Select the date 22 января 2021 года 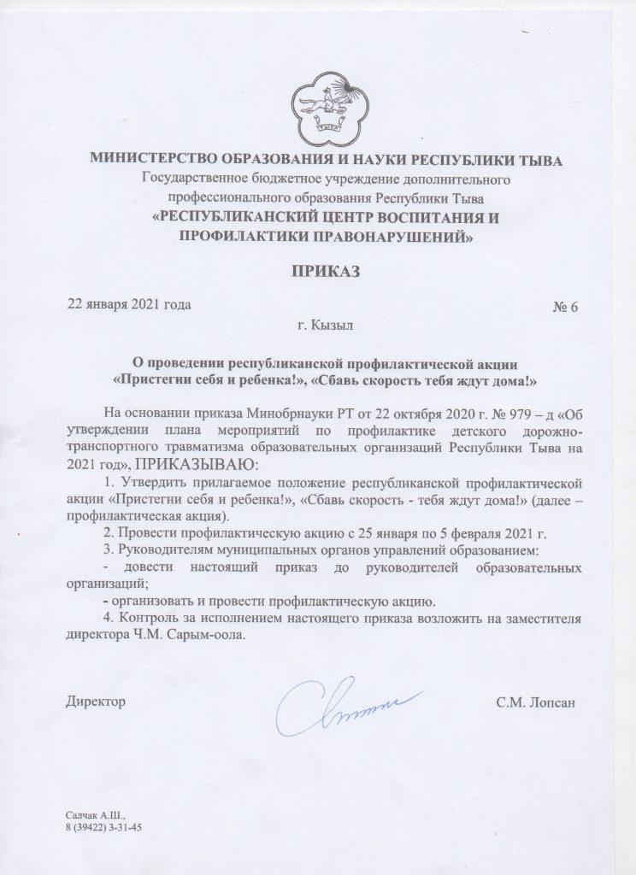click(x=128, y=305)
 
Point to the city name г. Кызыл click(x=319, y=326)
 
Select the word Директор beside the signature click(x=95, y=702)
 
